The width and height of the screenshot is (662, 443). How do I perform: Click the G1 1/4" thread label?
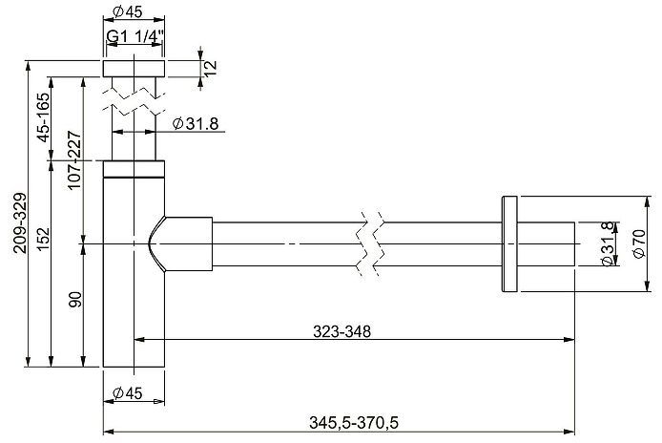pos(134,37)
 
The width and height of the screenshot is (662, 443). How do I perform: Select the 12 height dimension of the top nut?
pos(211,67)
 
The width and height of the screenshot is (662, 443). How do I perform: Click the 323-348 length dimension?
pos(341,331)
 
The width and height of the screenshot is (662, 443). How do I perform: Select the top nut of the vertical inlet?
pos(134,68)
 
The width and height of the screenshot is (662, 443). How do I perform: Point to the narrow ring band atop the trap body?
pos(134,171)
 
